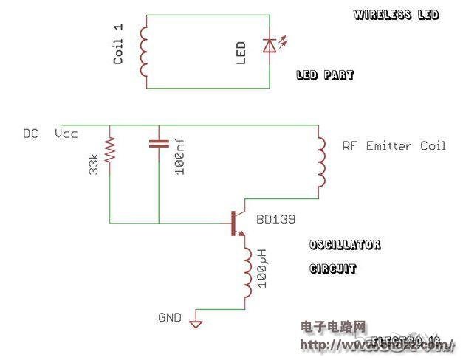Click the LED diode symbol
(270, 46)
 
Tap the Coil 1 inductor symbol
(145, 50)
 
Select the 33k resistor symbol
(111, 150)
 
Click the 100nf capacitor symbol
(159, 144)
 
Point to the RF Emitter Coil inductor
(320, 162)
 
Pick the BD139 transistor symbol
(235, 223)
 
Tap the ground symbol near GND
(196, 323)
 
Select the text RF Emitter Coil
(394, 146)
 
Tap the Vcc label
(66, 134)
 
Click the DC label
(30, 134)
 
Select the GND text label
(169, 317)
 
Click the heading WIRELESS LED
(396, 15)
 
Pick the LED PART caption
(325, 75)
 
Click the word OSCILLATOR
(345, 245)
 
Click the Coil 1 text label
(119, 44)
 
